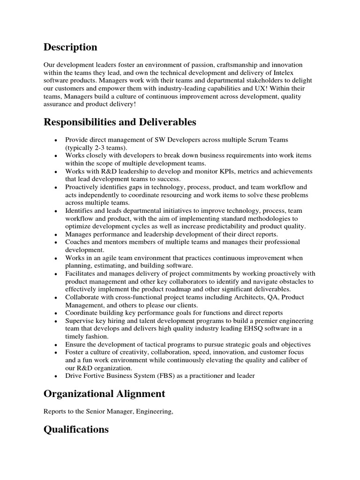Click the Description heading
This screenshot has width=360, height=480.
(x=70, y=47)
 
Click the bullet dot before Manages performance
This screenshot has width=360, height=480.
(x=56, y=234)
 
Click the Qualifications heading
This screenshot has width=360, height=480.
(x=76, y=429)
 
